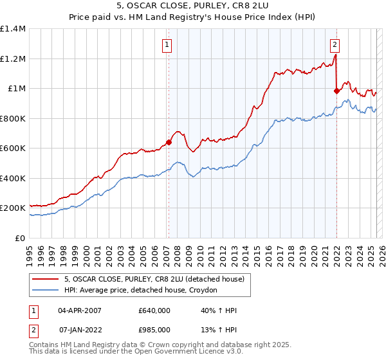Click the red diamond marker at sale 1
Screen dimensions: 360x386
[x=169, y=143]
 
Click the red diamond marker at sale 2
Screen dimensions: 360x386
[x=336, y=91]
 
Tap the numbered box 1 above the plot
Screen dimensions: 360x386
[x=167, y=44]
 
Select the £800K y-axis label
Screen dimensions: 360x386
[x=13, y=118]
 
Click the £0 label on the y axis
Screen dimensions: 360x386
[x=21, y=238]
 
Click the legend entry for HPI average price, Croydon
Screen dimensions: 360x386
[x=141, y=291]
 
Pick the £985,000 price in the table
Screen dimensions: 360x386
[x=154, y=330]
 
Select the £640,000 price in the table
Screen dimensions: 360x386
[x=154, y=311]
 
